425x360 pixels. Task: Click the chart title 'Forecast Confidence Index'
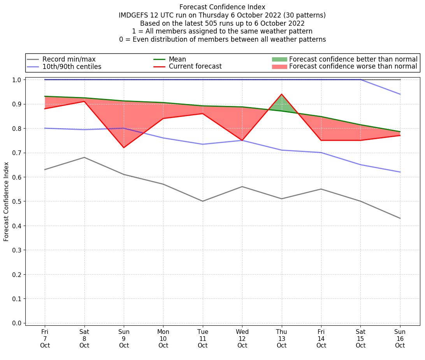(x=222, y=7)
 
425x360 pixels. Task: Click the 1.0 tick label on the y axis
(x=18, y=80)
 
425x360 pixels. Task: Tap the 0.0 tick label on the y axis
(x=18, y=323)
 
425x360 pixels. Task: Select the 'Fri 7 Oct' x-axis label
(x=45, y=338)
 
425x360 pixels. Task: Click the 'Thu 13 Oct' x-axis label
(x=281, y=338)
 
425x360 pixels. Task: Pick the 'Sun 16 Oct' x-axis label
(x=400, y=338)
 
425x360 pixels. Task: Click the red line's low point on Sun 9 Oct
(x=124, y=148)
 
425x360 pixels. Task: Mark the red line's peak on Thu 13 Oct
(x=281, y=94)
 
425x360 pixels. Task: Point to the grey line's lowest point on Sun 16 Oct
(x=400, y=218)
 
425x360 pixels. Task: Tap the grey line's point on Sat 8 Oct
(x=84, y=157)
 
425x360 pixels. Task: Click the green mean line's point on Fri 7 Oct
(x=45, y=96)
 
